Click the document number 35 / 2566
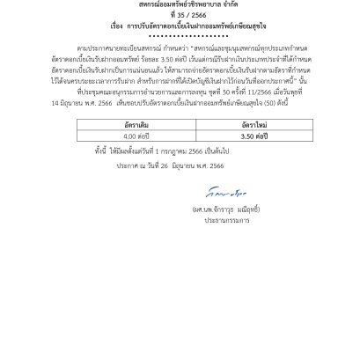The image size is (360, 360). click(x=180, y=16)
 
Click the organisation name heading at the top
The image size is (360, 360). click(x=180, y=4)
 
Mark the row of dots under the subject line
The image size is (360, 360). click(x=180, y=36)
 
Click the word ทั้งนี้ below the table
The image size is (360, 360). click(x=104, y=152)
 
